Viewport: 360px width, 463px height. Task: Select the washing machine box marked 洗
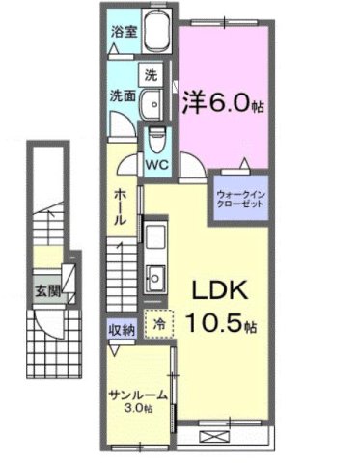pyautogui.click(x=152, y=73)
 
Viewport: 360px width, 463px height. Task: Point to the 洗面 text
pyautogui.click(x=121, y=96)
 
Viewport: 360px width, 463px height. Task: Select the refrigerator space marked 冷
pyautogui.click(x=156, y=324)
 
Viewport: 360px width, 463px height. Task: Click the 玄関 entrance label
pyautogui.click(x=46, y=290)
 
